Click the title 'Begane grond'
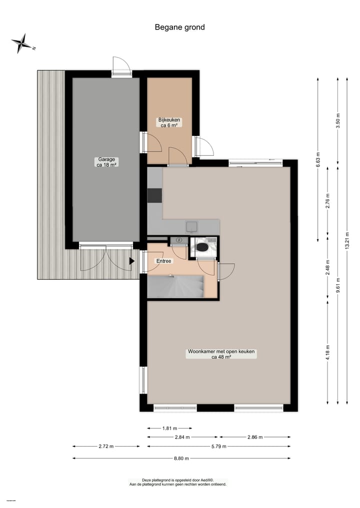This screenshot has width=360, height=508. coord(179,27)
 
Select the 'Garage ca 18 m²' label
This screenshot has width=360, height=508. coord(106,162)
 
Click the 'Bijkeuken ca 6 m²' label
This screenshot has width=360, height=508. coord(169,122)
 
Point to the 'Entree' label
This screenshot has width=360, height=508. coord(163,261)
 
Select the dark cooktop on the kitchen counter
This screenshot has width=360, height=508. coord(154,195)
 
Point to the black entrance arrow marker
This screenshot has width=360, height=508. coord(132,260)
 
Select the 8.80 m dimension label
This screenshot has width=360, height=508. coord(181,458)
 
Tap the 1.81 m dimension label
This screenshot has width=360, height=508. coord(169,428)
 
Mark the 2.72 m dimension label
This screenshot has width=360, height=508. coord(106,446)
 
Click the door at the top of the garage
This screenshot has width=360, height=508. coord(121,66)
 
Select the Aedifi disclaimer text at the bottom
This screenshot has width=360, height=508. coord(178,482)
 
